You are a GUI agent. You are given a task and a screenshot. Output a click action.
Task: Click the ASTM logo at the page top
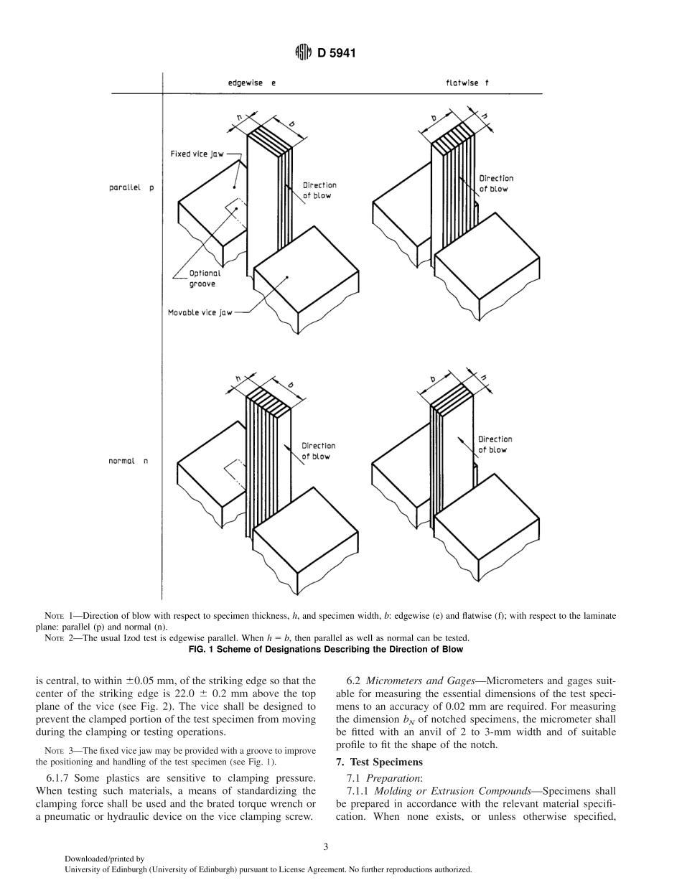pyautogui.click(x=303, y=52)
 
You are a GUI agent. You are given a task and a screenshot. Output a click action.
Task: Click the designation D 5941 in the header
pyautogui.click(x=337, y=52)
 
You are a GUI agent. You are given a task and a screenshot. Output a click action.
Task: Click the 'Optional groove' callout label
pyautogui.click(x=205, y=279)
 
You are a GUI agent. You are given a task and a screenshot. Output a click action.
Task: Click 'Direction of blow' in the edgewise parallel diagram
pyautogui.click(x=319, y=190)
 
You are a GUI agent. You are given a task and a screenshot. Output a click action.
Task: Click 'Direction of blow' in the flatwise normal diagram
pyautogui.click(x=495, y=444)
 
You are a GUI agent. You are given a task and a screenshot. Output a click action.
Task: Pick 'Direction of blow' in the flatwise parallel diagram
pyautogui.click(x=496, y=183)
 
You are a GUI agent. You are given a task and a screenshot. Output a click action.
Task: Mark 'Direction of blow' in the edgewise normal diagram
pyautogui.click(x=318, y=451)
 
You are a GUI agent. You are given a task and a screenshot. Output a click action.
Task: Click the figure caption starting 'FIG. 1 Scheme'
pyautogui.click(x=340, y=649)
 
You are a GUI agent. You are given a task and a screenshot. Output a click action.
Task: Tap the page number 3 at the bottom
pyautogui.click(x=326, y=846)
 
